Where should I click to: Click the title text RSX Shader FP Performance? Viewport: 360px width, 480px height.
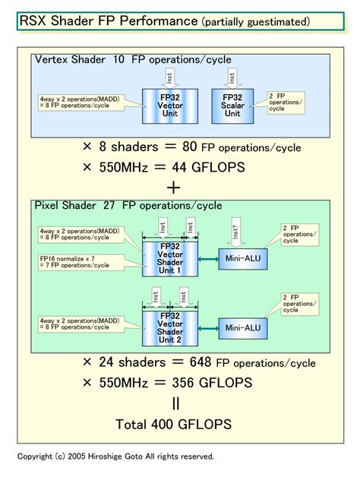pos(109,21)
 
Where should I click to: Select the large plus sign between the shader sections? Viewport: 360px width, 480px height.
pos(175,186)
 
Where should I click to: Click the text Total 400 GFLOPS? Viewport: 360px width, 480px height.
pos(173,422)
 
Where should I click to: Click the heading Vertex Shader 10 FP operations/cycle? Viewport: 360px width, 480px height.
pos(133,59)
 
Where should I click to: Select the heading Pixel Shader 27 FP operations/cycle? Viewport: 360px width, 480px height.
pos(128,205)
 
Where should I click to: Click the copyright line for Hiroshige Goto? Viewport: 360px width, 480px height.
pos(115,456)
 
